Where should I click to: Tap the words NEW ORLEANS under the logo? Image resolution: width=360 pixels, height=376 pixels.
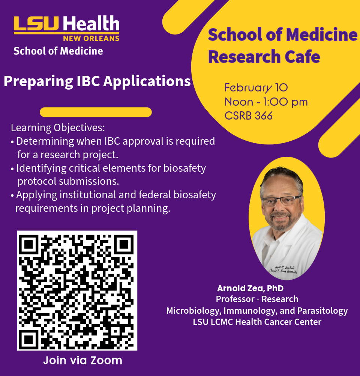click(x=91, y=38)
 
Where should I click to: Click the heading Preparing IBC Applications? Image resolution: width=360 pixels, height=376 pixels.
click(x=97, y=81)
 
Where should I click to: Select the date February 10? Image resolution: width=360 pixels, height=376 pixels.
click(x=256, y=88)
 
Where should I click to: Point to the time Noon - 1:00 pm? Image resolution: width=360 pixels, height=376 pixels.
click(x=266, y=102)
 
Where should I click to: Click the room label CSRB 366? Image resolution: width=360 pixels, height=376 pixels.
click(x=248, y=116)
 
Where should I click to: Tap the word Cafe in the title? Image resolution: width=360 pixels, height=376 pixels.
click(x=302, y=57)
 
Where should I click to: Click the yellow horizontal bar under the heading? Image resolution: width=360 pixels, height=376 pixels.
click(x=96, y=112)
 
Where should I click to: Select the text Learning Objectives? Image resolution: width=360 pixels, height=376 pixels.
click(x=58, y=128)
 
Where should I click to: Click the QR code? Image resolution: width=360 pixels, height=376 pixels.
click(x=77, y=291)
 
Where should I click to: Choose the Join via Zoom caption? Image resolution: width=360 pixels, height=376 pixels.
click(x=82, y=361)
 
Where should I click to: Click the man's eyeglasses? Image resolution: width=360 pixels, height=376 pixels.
click(x=282, y=200)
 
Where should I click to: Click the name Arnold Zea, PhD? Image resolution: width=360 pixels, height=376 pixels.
click(x=250, y=288)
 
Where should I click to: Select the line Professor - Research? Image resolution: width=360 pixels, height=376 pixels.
click(x=257, y=299)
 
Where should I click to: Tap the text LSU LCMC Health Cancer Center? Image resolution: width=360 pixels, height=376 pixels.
click(x=257, y=322)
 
